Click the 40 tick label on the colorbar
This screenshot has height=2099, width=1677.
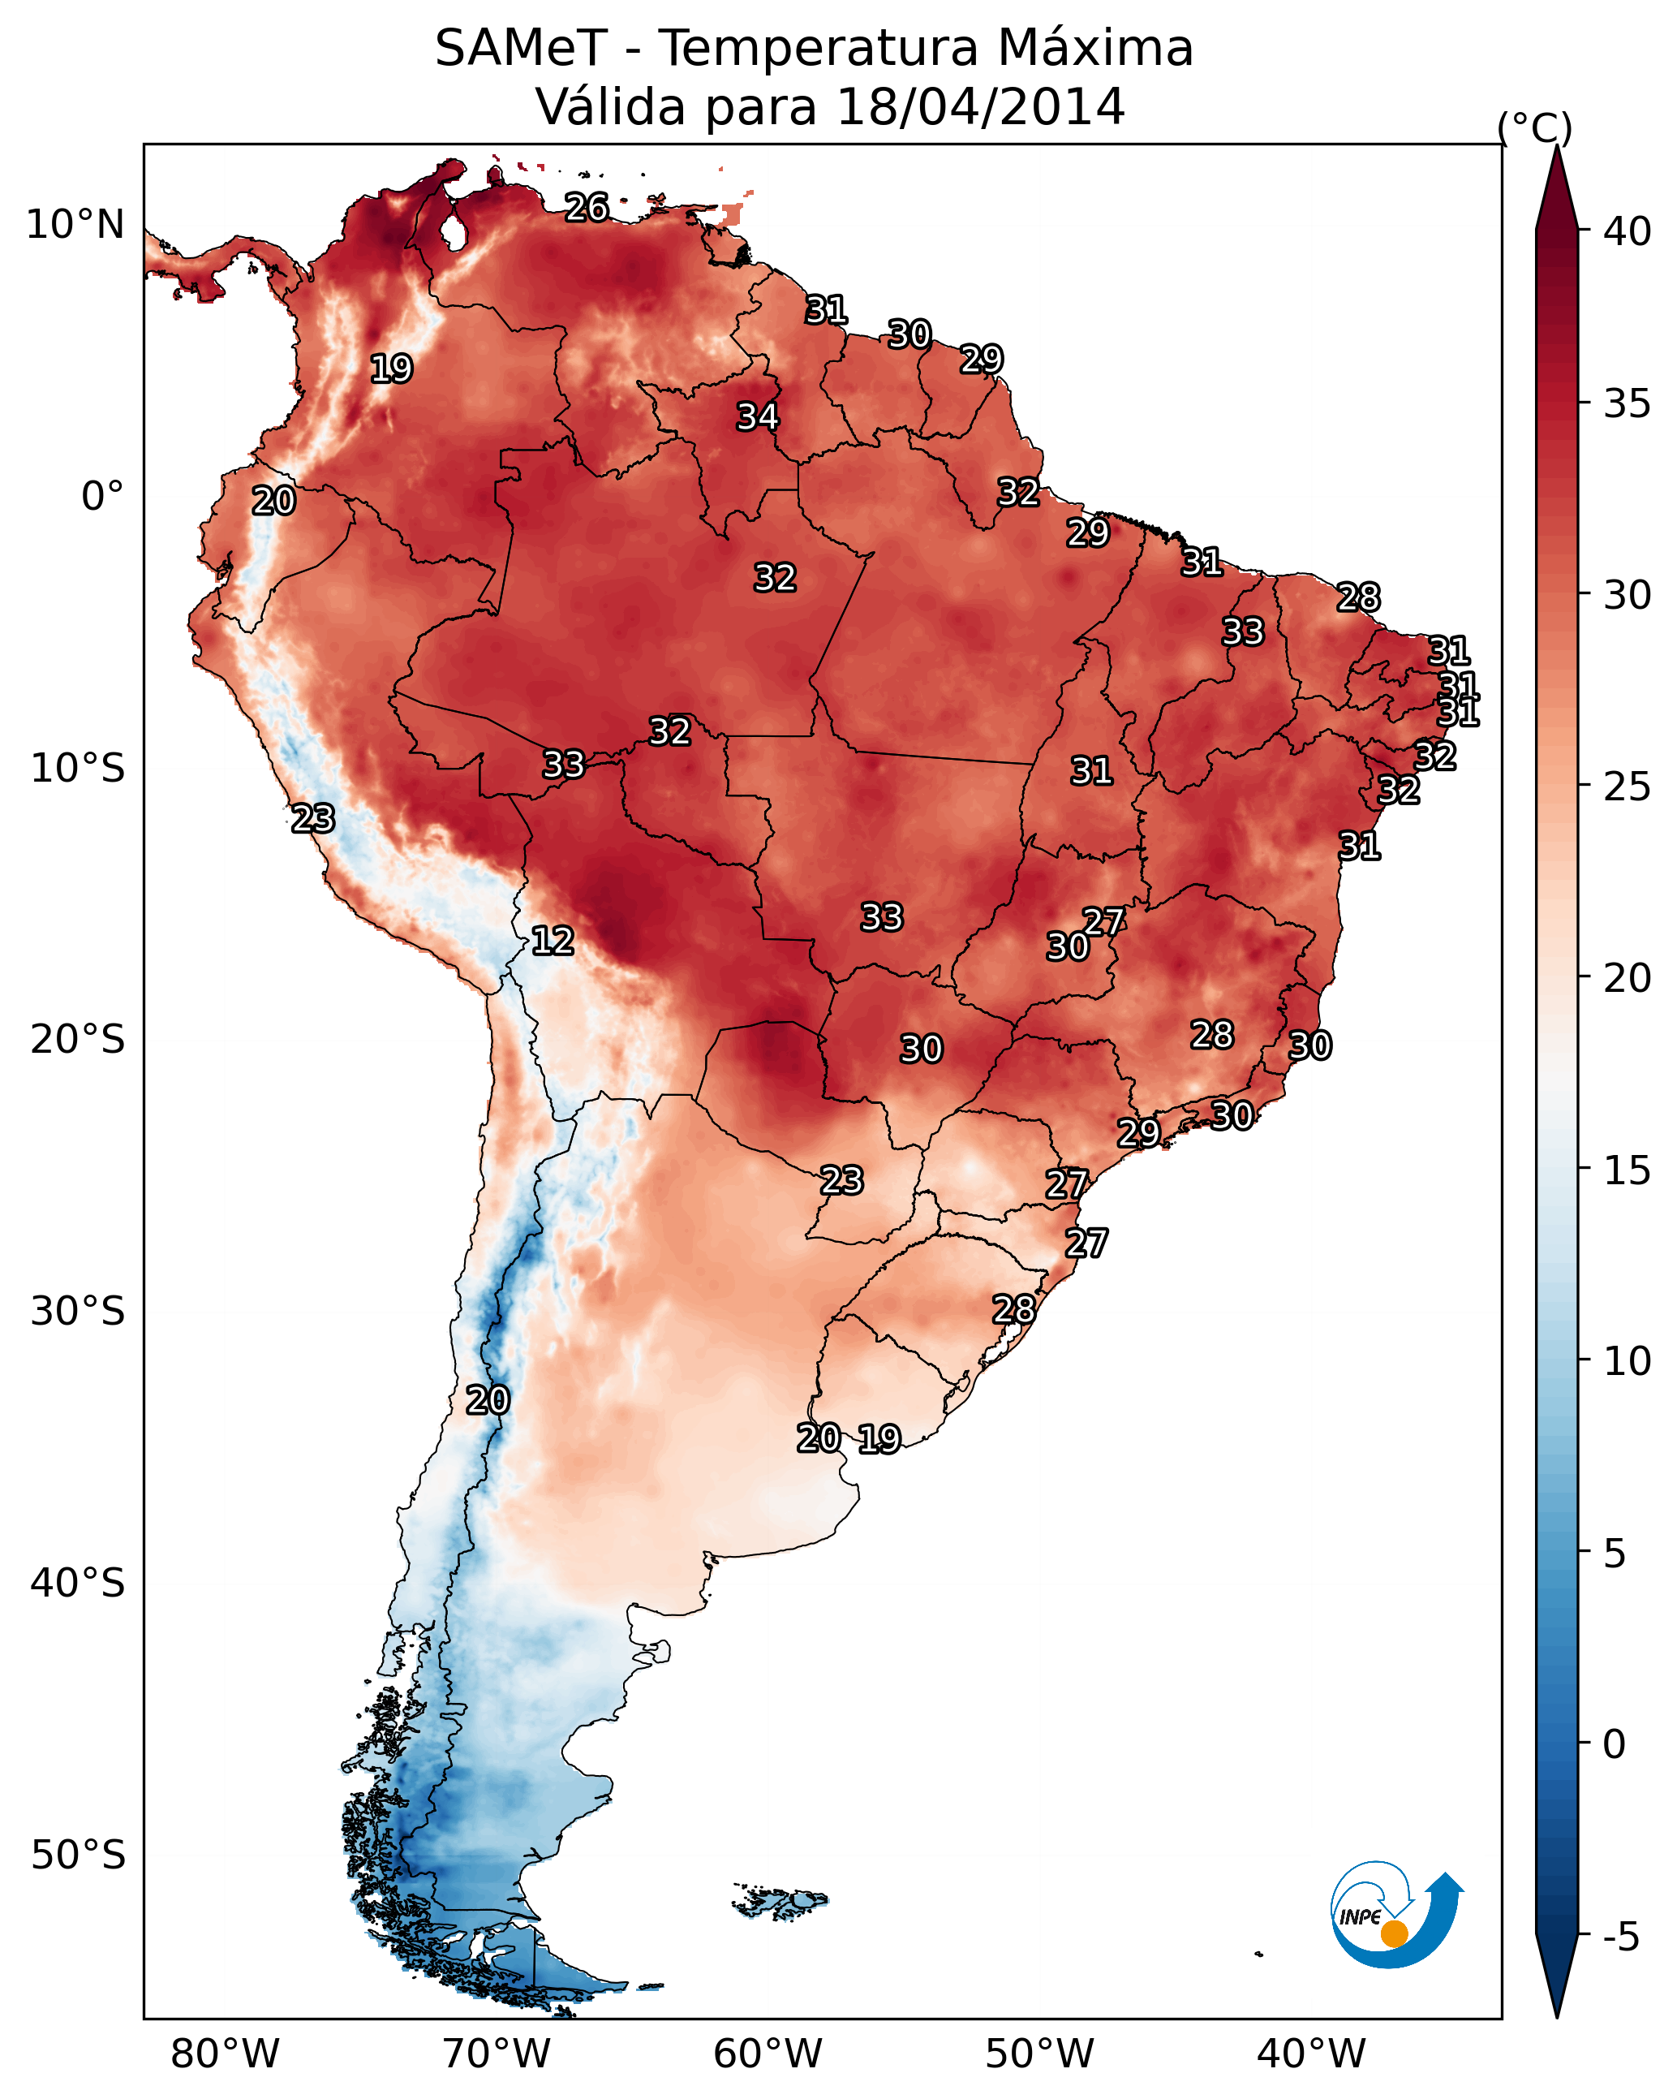(x=1628, y=231)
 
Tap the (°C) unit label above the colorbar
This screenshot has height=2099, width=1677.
(x=1535, y=128)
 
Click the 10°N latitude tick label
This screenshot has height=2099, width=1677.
(x=75, y=225)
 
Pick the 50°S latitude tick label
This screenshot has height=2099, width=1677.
(x=78, y=1855)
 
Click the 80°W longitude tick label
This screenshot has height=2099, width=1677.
(x=225, y=2054)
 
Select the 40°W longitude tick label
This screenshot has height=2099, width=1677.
(x=1311, y=2054)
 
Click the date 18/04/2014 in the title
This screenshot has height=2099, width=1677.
(x=980, y=107)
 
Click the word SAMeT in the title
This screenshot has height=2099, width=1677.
(x=521, y=49)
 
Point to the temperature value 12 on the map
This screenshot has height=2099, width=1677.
(x=553, y=942)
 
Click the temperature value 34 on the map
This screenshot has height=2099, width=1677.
(x=757, y=416)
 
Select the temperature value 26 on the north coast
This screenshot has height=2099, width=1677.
(x=587, y=207)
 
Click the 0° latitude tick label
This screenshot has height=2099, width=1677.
(x=103, y=497)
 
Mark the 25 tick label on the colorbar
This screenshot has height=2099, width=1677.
(x=1628, y=787)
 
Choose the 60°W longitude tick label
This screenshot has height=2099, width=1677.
(x=768, y=2054)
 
